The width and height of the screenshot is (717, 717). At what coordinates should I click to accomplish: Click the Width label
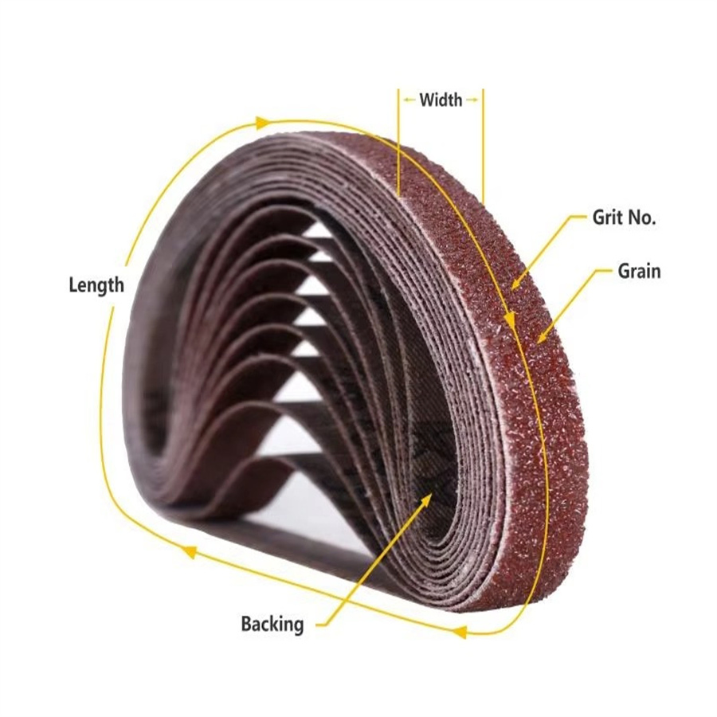pos(441,100)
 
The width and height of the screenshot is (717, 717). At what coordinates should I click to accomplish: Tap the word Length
pos(96,285)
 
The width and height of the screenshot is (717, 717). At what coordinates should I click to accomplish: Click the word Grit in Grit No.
pos(607,217)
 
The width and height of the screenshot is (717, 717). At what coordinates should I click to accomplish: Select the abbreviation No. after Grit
pos(641,217)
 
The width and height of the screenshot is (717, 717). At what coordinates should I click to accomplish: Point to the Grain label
pos(639,271)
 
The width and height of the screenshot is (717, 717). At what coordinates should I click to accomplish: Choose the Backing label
pos(272,624)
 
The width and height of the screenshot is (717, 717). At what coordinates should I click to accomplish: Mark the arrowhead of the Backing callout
pos(427,500)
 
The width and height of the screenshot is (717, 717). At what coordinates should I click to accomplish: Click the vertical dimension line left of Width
pos(399,142)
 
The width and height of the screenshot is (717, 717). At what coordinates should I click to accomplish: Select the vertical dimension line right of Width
pos(483,144)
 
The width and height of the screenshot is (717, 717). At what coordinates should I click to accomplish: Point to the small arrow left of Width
pos(409,100)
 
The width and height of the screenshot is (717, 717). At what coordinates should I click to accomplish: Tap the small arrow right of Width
pos(472,100)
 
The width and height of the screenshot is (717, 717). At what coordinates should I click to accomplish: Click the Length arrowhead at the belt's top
pos(262,123)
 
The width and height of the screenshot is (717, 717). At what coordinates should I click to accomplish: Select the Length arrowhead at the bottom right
pos(459,632)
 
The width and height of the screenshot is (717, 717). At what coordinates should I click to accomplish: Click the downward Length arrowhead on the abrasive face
pos(511,320)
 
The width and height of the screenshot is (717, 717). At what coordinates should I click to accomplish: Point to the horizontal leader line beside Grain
pos(603,270)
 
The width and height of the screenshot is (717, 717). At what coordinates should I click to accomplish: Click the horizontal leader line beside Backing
pos(323,625)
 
